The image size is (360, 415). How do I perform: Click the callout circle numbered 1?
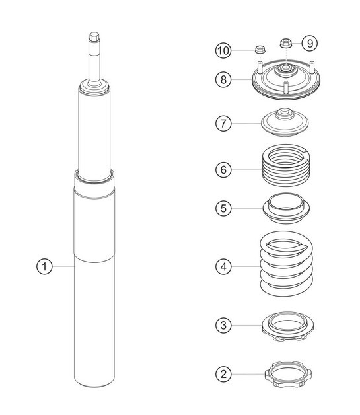(x=44, y=266)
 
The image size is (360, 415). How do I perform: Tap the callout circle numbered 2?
(x=224, y=374)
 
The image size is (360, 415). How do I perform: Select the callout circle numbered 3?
(x=224, y=324)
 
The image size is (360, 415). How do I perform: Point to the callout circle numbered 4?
(x=224, y=266)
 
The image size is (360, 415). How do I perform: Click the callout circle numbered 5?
(x=224, y=208)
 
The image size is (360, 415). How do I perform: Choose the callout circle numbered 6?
(x=224, y=169)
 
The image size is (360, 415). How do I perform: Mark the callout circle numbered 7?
(x=224, y=123)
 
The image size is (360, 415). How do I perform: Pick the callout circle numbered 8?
(x=224, y=80)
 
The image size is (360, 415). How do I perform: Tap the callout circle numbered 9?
(x=310, y=43)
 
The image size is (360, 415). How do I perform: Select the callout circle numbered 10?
(x=224, y=50)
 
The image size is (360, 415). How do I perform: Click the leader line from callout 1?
(x=63, y=266)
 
